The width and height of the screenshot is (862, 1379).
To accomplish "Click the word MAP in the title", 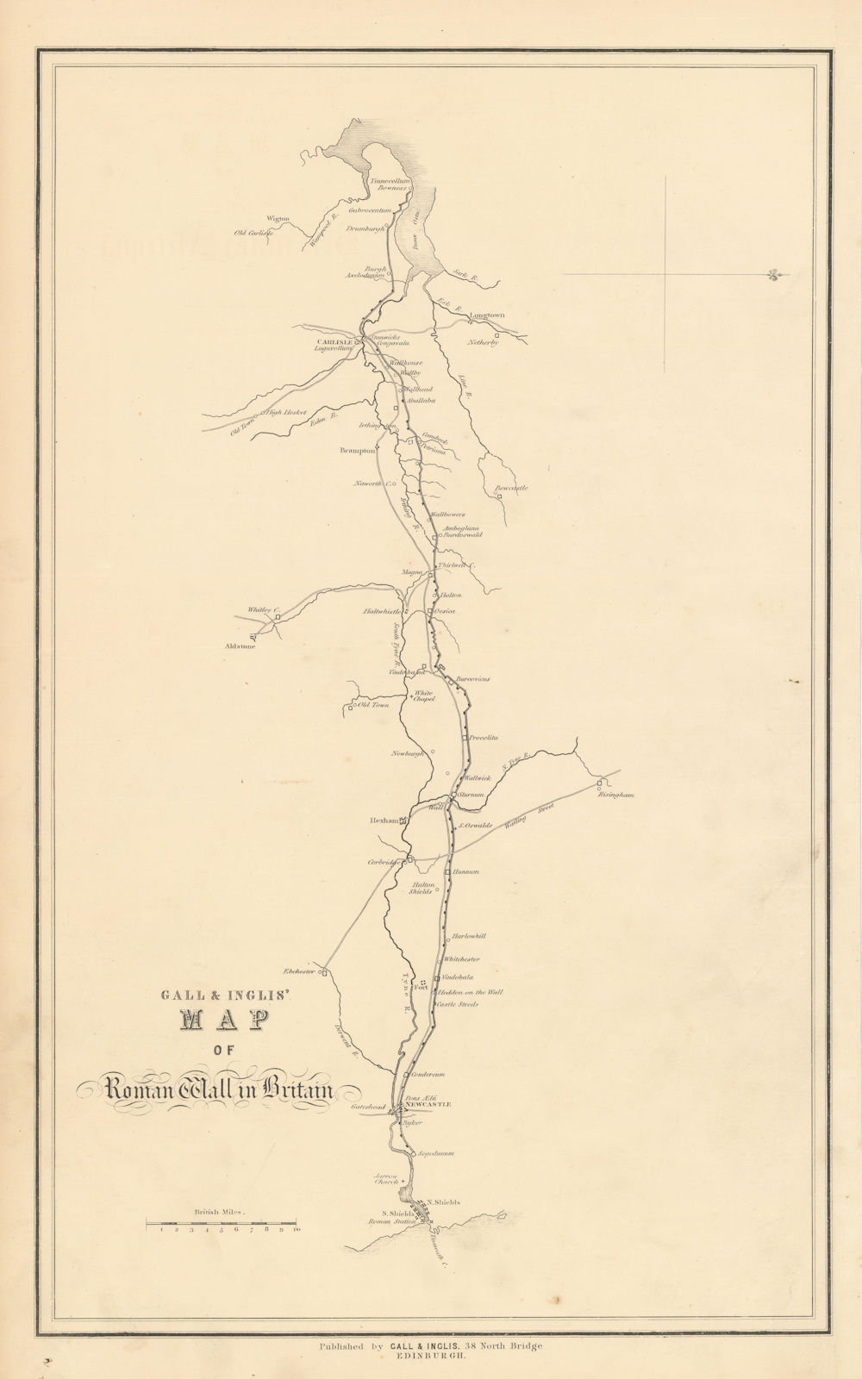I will pos(220,1020).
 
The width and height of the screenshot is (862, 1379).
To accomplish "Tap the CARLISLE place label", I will pos(335,341).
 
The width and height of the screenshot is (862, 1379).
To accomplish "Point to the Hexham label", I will pos(381,821).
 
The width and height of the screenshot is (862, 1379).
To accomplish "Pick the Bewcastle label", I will pos(511,488).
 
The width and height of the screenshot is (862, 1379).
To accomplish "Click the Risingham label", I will pos(615,795).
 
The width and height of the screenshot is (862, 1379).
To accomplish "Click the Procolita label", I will pos(484,738).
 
